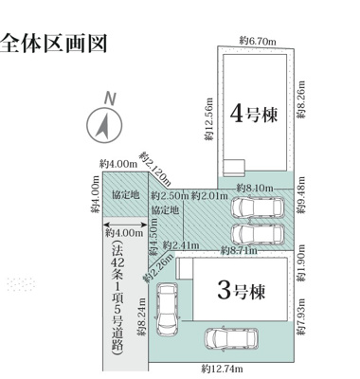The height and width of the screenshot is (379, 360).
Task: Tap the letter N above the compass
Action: [110, 99]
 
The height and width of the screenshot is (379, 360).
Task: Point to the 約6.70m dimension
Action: [258, 41]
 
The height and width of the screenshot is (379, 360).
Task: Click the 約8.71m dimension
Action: [239, 250]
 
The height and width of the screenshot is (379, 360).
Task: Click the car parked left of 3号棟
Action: [167, 307]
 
